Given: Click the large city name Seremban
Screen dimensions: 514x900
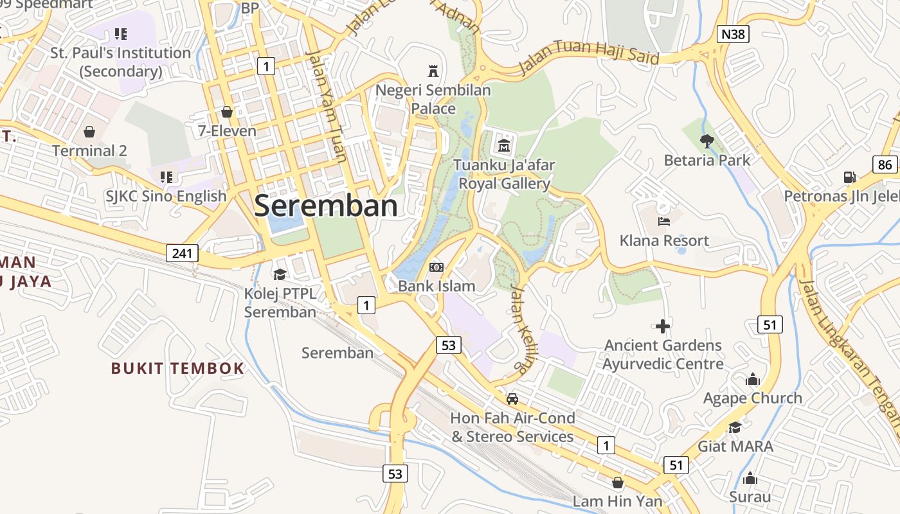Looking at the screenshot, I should click(x=326, y=206).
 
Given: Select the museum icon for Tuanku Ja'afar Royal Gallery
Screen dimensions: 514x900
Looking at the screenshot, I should click(x=504, y=146).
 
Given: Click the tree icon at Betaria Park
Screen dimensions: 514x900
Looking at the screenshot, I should click(x=707, y=141).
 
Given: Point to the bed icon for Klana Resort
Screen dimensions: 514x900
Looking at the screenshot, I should click(x=664, y=222).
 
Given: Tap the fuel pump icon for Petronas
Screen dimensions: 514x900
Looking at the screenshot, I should click(x=849, y=177).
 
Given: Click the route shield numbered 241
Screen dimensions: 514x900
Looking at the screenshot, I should click(x=182, y=253).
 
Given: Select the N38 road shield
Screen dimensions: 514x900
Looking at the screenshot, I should click(x=732, y=33).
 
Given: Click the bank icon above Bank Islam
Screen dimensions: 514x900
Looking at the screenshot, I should click(x=437, y=267).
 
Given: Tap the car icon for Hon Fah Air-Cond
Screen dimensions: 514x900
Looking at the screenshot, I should click(x=512, y=399).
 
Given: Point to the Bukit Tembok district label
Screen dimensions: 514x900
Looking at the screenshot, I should click(x=177, y=368).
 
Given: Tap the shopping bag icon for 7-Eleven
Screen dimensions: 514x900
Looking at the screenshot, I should click(x=226, y=112).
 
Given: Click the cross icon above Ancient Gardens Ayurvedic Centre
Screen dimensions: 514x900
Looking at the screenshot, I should click(x=663, y=326).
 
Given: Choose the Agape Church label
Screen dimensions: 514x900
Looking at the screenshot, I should click(x=752, y=398).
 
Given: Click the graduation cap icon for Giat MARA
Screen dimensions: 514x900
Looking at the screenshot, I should click(x=735, y=427).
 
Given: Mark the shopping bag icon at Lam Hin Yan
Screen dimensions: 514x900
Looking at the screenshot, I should click(x=618, y=482).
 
